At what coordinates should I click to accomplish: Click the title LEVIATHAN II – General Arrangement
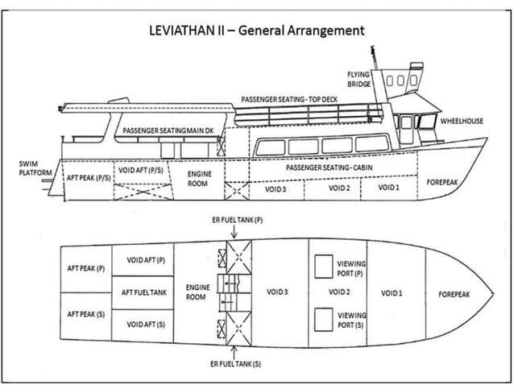(x=257, y=31)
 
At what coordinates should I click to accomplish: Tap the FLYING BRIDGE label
(x=359, y=79)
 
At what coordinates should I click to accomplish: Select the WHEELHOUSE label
(x=460, y=121)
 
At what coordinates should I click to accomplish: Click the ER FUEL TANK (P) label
(x=234, y=219)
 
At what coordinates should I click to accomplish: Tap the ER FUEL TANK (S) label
(x=234, y=365)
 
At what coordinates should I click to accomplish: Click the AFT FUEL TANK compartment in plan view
(x=144, y=292)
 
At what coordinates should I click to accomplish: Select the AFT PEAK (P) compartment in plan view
(x=85, y=267)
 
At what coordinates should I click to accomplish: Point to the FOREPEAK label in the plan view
(x=454, y=295)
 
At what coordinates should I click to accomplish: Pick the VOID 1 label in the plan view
(x=392, y=292)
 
